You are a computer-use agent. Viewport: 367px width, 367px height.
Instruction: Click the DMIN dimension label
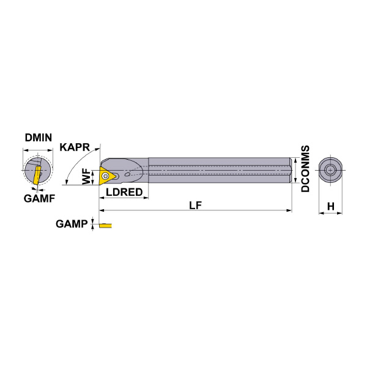click(39, 138)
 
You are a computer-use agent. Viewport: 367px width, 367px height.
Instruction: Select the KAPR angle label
click(75, 147)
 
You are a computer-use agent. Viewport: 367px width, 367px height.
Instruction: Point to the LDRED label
click(124, 192)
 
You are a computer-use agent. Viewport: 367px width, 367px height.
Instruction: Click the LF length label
click(196, 206)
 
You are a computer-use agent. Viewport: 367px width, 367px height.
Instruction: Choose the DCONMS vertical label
click(305, 169)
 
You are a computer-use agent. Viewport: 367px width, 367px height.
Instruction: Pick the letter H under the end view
click(331, 207)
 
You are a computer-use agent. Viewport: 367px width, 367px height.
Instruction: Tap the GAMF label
click(39, 198)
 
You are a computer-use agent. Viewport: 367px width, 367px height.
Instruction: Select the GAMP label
click(72, 224)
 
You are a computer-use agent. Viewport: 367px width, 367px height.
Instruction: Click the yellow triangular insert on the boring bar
click(106, 176)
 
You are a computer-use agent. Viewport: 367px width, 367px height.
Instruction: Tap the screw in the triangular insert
click(106, 176)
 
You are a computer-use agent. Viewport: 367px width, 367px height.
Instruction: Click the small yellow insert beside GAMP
click(106, 226)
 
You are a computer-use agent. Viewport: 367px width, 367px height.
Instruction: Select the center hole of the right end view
click(330, 170)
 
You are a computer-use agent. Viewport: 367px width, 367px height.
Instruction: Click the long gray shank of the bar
click(220, 170)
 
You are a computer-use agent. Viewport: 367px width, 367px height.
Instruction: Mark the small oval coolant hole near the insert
click(127, 174)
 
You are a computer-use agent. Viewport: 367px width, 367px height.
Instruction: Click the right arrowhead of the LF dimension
click(289, 210)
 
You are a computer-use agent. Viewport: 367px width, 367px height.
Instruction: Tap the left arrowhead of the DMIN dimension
click(25, 150)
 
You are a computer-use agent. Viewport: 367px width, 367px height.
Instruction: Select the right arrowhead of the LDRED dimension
click(146, 198)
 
